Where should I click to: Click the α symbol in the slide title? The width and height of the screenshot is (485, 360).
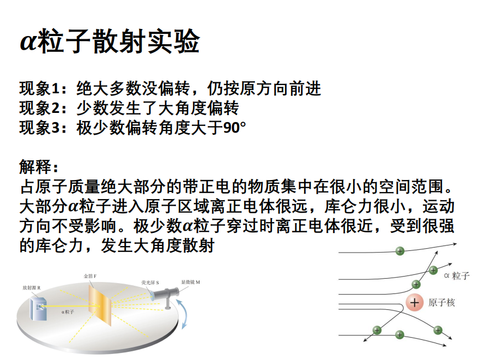[x=28, y=42]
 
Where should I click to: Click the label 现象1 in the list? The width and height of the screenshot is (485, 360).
[x=39, y=88]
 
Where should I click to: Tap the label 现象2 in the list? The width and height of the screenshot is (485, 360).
[x=39, y=108]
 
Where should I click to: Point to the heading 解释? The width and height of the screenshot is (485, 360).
[x=35, y=166]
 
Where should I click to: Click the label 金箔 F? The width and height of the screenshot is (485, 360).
[x=90, y=276]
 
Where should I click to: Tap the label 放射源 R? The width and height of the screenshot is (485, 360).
[x=32, y=288]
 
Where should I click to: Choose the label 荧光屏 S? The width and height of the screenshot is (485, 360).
[x=150, y=283]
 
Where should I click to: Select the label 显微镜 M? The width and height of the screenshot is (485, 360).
[x=191, y=282]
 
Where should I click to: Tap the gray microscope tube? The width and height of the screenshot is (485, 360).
[x=166, y=294]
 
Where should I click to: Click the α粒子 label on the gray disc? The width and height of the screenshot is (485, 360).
[x=68, y=311]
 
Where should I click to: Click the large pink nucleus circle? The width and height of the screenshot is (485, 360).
[x=415, y=302]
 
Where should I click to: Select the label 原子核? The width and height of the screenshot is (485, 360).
[x=442, y=302]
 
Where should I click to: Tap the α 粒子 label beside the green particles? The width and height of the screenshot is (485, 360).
[x=457, y=275]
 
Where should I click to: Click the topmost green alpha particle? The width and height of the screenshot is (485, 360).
[x=400, y=251]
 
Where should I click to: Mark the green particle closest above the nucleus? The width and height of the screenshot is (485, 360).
[x=416, y=284]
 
